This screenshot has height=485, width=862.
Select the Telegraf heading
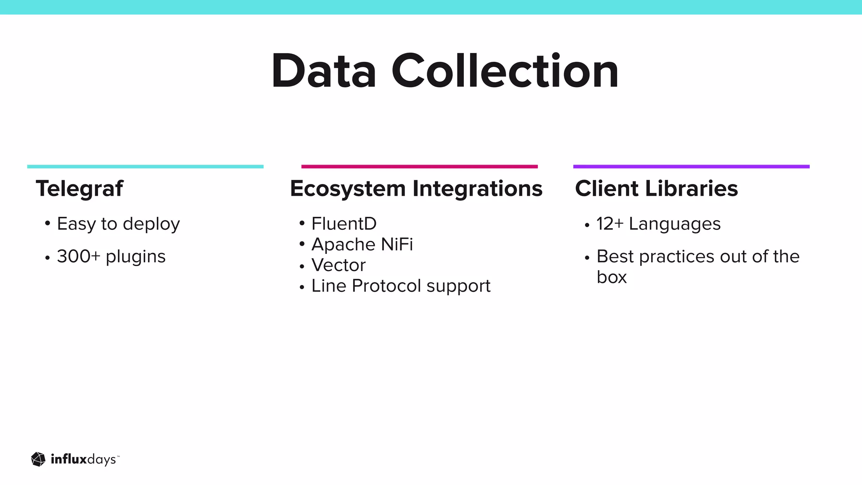[x=80, y=188]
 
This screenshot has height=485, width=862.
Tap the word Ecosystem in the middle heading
[x=348, y=188]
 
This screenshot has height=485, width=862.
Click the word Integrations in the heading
[x=477, y=188]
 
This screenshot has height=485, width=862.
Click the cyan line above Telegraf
[x=145, y=167]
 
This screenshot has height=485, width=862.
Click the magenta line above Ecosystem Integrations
[x=419, y=167]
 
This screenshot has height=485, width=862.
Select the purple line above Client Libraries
[x=691, y=167]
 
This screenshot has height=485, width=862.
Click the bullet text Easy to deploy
[x=118, y=224]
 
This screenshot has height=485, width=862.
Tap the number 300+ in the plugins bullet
[x=78, y=256]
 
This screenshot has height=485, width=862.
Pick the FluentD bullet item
[x=344, y=224]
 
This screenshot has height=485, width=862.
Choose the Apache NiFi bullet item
[x=362, y=244]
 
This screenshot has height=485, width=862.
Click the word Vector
[x=338, y=265]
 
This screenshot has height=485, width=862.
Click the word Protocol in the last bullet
[x=386, y=286]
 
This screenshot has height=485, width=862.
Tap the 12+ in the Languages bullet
[x=609, y=224]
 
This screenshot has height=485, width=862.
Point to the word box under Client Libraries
[x=612, y=277]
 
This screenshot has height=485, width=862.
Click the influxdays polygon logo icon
[x=38, y=459]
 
